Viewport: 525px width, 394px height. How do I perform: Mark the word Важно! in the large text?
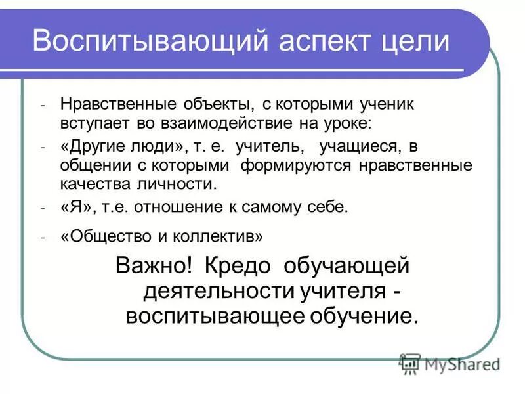pos(154,266)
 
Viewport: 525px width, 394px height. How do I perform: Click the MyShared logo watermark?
pos(449,363)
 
